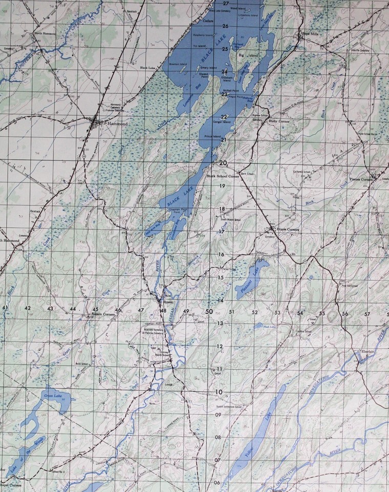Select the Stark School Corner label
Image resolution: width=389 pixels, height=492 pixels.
click(223, 176)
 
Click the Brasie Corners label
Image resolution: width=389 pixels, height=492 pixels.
click(287, 229)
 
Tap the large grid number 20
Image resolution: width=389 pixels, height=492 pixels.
click(223, 162)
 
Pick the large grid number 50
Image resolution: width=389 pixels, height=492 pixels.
click(209, 311)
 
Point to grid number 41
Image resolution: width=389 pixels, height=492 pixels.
click(5, 307)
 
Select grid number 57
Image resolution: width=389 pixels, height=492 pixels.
click(367, 314)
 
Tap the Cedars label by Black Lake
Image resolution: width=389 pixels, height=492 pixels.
click(208, 22)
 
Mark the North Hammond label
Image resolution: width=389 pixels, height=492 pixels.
click(45, 33)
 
